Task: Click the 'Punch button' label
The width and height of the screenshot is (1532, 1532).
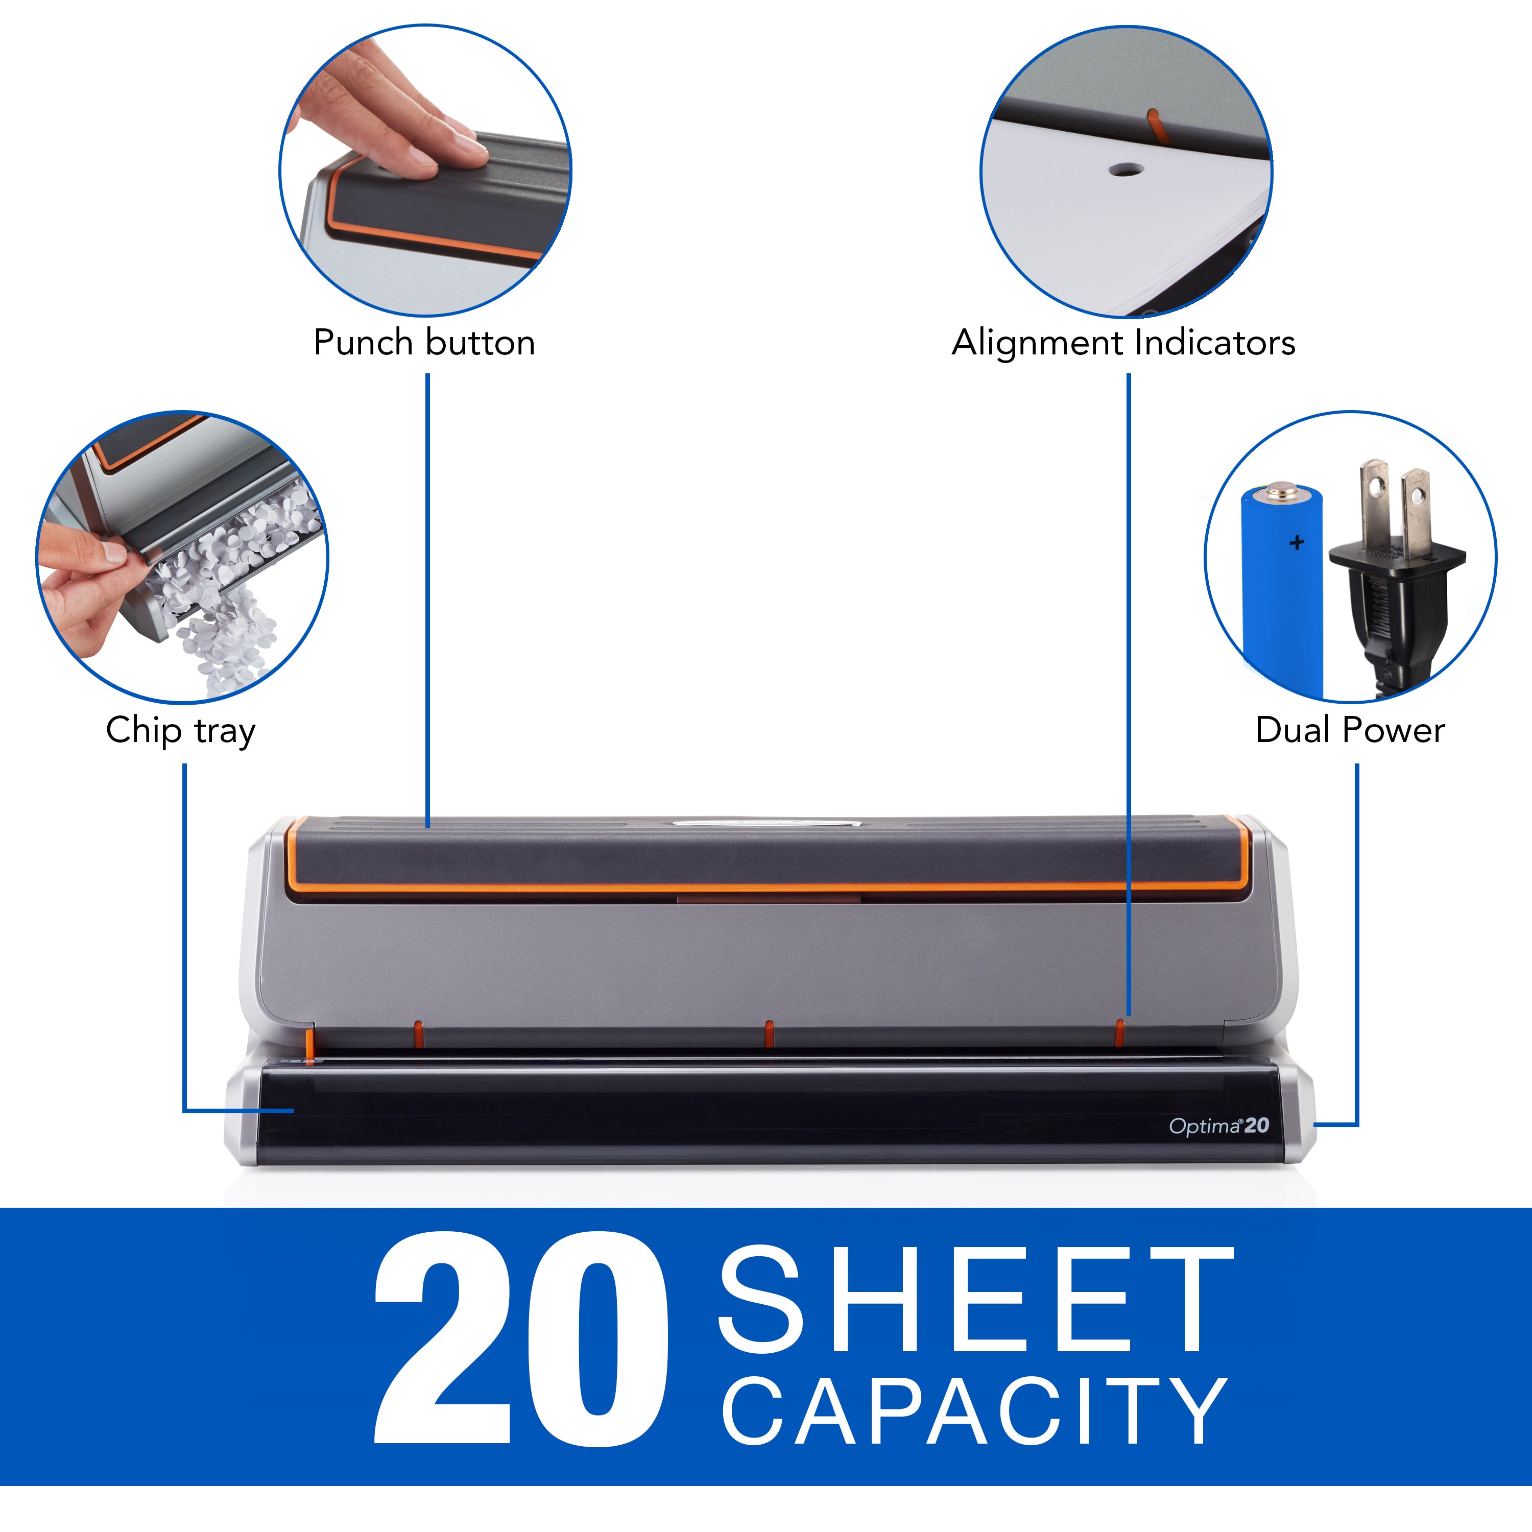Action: pos(424,343)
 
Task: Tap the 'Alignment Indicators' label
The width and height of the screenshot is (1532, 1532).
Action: pos(1123,343)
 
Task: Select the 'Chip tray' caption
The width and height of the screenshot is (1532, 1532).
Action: pos(181,730)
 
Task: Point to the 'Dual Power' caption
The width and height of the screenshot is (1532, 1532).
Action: pos(1350,730)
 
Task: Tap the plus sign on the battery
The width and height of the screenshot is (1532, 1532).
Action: pos(1297,543)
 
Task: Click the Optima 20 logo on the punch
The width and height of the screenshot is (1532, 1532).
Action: pos(1219,1126)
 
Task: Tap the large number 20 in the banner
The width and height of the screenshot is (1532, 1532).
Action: pos(519,1340)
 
